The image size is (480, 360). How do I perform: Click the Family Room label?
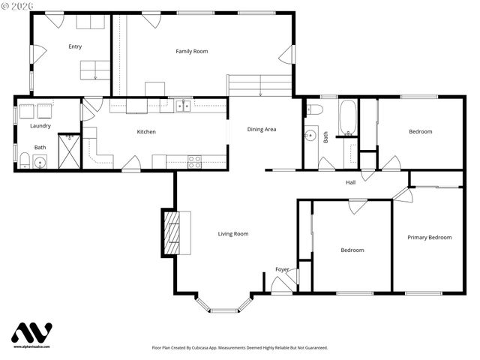191,51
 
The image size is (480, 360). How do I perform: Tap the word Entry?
75,46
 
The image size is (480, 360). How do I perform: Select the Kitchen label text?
146,132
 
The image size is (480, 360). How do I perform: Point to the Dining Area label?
262,129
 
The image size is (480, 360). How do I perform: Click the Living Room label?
232,234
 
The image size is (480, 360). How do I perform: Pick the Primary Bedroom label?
429,237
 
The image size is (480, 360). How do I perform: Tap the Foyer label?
282,269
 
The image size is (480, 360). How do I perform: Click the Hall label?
350,182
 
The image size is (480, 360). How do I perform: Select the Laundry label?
40,126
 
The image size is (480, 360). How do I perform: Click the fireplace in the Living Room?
172,233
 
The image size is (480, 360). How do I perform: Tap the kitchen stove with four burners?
194,160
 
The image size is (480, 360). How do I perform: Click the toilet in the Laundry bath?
25,160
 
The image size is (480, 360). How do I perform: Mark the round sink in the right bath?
311,136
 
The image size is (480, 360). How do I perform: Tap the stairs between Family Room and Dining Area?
259,85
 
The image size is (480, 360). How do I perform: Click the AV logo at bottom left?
31,333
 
